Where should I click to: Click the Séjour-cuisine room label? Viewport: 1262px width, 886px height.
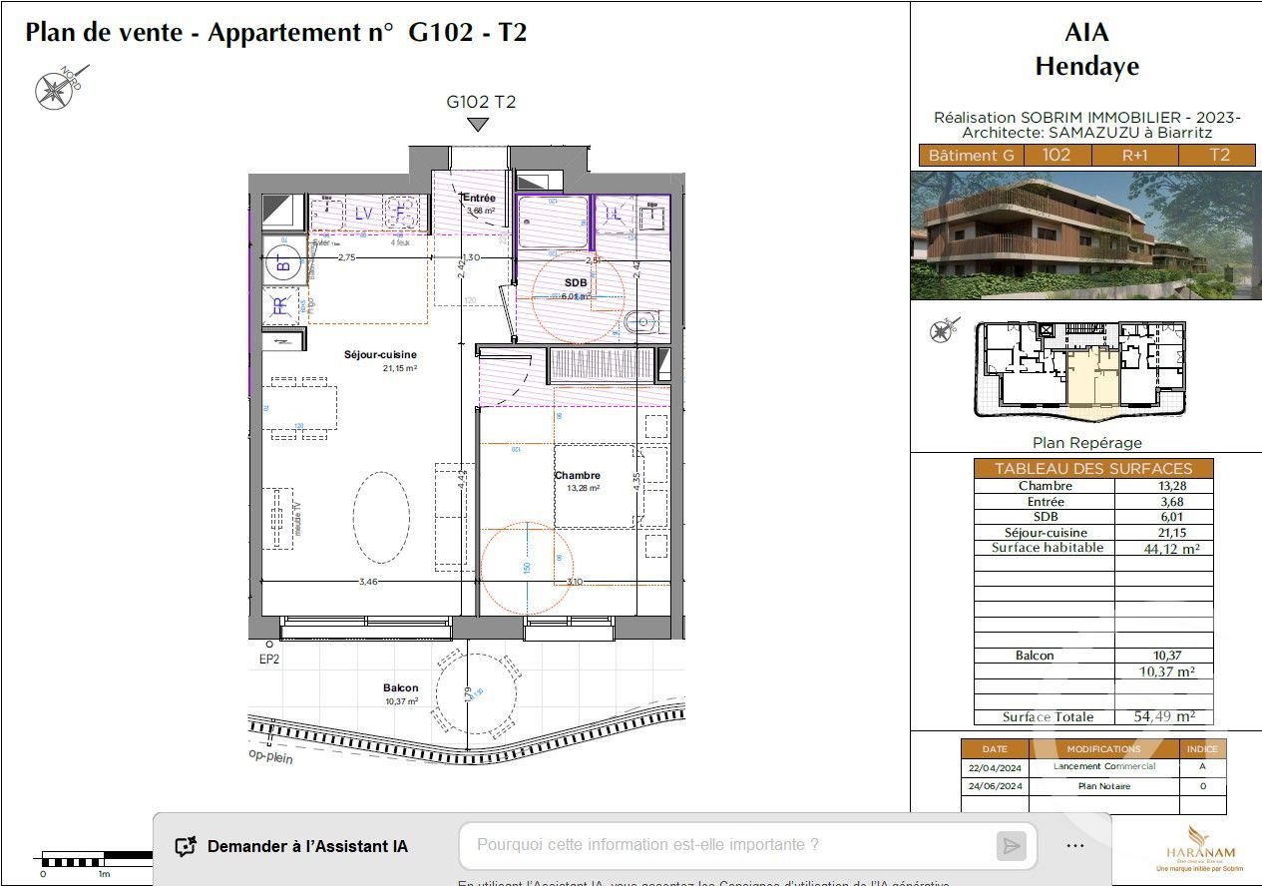pyautogui.click(x=380, y=355)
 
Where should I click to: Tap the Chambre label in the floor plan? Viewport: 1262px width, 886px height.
pyautogui.click(x=578, y=476)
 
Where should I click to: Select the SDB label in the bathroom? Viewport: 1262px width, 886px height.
pyautogui.click(x=577, y=282)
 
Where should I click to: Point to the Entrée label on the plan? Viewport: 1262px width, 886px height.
pyautogui.click(x=479, y=199)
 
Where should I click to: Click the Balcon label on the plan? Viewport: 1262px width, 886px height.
pyautogui.click(x=400, y=688)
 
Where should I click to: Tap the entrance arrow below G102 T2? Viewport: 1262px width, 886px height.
pyautogui.click(x=479, y=125)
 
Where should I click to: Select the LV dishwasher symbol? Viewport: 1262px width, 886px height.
pyautogui.click(x=364, y=213)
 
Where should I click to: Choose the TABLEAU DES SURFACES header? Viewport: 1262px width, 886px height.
pyautogui.click(x=1093, y=468)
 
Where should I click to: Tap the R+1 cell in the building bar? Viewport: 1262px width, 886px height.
pyautogui.click(x=1135, y=156)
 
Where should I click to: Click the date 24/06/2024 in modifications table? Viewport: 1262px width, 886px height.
pyautogui.click(x=995, y=786)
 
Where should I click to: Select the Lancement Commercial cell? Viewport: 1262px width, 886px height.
pyautogui.click(x=1103, y=766)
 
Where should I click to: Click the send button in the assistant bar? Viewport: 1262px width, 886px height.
pyautogui.click(x=1011, y=846)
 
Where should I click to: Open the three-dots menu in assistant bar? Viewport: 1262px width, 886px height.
pyautogui.click(x=1074, y=846)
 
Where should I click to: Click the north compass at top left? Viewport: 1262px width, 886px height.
pyautogui.click(x=52, y=90)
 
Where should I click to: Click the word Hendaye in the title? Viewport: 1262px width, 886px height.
pyautogui.click(x=1086, y=67)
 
